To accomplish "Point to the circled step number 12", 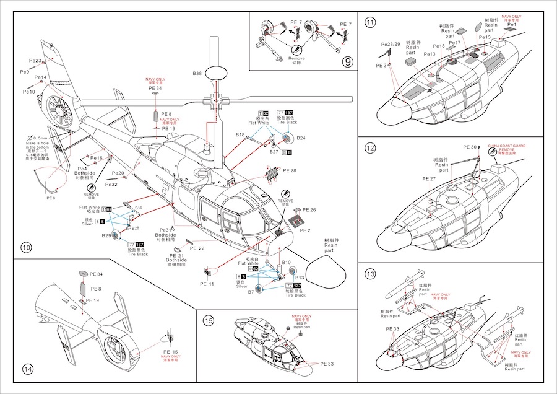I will [371, 148].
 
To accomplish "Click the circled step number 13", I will [371, 274].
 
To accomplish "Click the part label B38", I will [197, 73].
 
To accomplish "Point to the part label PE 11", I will [207, 284].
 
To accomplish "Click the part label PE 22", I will [197, 248].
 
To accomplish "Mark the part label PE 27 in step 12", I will [430, 179].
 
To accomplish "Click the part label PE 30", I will [470, 147].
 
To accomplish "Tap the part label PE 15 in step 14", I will [171, 352].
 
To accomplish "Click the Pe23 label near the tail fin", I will [35, 61].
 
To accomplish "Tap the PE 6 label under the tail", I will [51, 198].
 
